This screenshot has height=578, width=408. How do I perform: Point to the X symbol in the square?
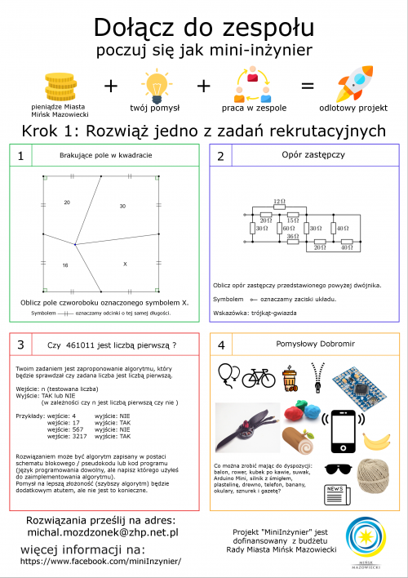(125, 264)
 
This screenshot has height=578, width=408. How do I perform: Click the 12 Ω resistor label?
(280, 201)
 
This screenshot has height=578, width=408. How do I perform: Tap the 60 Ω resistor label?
(288, 229)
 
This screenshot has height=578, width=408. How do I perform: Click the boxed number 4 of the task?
(221, 345)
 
